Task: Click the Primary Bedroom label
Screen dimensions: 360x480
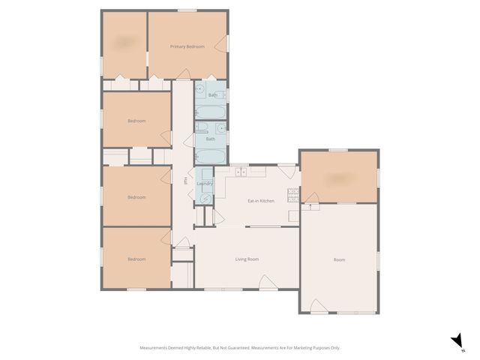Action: pyautogui.click(x=187, y=46)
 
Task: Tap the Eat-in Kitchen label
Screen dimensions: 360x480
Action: pyautogui.click(x=260, y=201)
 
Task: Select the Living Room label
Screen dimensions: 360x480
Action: pyautogui.click(x=247, y=259)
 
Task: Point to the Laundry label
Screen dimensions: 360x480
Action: pyautogui.click(x=205, y=184)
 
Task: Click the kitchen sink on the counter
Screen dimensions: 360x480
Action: pyautogui.click(x=241, y=173)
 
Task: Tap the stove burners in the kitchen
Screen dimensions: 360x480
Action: pyautogui.click(x=296, y=197)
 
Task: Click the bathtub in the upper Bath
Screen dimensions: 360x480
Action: pyautogui.click(x=210, y=112)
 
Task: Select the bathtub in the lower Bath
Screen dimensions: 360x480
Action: pyautogui.click(x=209, y=157)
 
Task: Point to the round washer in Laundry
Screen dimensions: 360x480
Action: pyautogui.click(x=204, y=198)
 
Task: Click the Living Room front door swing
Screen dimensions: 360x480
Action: pyautogui.click(x=266, y=282)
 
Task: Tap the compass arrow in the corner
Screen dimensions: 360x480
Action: pyautogui.click(x=456, y=342)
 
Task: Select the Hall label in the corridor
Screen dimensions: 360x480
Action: pyautogui.click(x=184, y=180)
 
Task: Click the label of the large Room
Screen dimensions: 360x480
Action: pyautogui.click(x=339, y=259)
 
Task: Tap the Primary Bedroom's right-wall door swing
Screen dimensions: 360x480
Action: pyautogui.click(x=220, y=46)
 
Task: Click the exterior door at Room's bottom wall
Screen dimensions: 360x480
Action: pyautogui.click(x=318, y=306)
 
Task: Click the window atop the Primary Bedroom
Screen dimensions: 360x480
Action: pyautogui.click(x=187, y=10)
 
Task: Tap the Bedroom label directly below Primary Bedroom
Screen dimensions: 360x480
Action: pyautogui.click(x=136, y=121)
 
